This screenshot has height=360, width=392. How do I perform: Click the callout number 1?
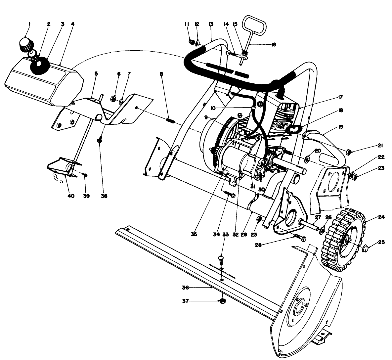29,24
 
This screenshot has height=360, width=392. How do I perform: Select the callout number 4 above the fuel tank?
72,24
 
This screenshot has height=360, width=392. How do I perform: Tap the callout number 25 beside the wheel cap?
381,242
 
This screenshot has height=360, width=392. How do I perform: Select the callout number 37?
186,301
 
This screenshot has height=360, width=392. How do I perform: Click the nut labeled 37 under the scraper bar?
223,301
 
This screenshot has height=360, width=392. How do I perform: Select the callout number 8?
161,74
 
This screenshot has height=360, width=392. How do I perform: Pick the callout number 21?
372,146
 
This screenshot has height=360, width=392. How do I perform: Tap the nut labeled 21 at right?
348,152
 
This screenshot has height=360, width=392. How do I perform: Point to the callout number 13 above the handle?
211,24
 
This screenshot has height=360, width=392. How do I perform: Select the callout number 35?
194,234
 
